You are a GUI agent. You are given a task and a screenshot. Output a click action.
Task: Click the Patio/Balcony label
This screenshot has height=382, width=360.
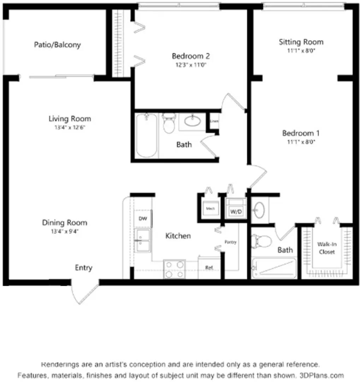[57, 45]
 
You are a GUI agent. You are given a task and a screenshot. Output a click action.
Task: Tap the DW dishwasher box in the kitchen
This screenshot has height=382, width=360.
[143, 219]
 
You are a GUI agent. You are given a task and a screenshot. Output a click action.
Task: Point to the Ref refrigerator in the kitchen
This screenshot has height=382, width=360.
[209, 268]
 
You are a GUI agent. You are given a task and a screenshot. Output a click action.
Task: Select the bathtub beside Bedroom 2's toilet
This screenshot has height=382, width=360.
[146, 135]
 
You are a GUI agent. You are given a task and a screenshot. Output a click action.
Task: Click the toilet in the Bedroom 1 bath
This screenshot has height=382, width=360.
[261, 242]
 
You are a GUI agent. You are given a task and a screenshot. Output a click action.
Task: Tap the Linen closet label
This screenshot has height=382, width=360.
[214, 121]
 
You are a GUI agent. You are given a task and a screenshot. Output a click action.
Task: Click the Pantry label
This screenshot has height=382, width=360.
[230, 242]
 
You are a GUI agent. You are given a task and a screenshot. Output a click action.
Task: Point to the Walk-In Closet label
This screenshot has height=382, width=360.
[326, 248]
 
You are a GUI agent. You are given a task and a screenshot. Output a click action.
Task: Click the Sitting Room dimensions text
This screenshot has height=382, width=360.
[301, 51]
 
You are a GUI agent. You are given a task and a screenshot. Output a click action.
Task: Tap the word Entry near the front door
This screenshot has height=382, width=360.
[84, 268]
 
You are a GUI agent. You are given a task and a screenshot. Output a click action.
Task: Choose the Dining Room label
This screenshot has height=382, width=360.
[65, 223]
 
